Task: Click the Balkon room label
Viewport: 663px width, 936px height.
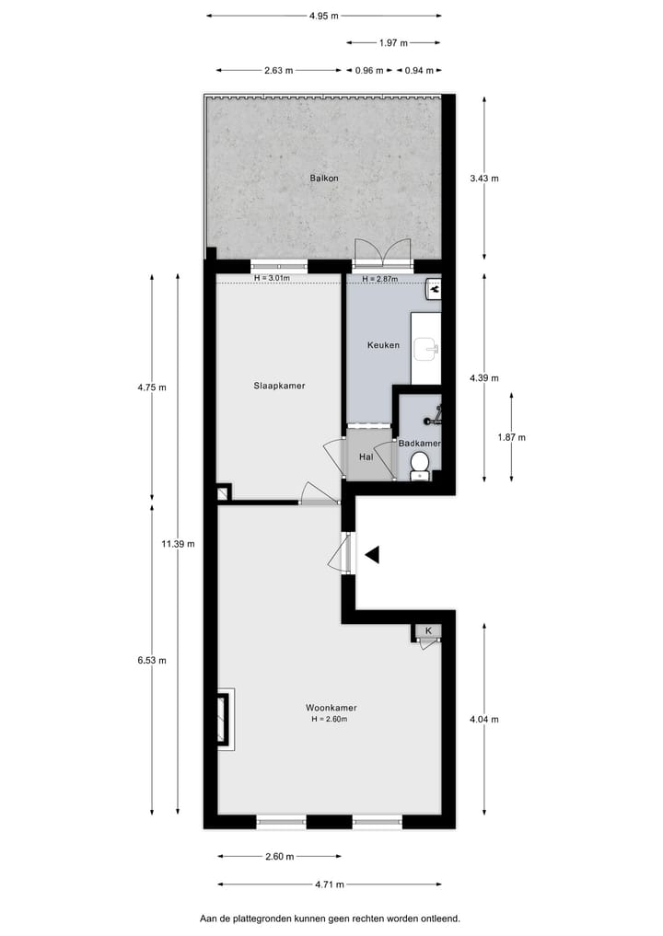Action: tap(324, 178)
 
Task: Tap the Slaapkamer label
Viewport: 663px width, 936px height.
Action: tap(279, 386)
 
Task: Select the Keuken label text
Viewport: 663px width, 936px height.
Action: tap(383, 345)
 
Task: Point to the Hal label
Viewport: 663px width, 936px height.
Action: tap(366, 456)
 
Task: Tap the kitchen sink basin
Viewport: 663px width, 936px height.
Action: tap(425, 349)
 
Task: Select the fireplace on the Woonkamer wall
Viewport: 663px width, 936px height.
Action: tap(225, 716)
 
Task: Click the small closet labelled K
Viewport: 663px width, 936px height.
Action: tap(427, 631)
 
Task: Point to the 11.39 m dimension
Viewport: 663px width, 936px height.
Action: tap(178, 544)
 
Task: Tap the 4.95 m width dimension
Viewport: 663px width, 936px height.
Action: tap(323, 15)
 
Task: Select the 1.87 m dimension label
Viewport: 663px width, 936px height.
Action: tap(511, 437)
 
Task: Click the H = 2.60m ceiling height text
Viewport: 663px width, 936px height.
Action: tap(331, 719)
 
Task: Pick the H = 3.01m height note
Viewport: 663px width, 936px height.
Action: tap(272, 279)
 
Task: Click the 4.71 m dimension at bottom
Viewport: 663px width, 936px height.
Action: tap(329, 884)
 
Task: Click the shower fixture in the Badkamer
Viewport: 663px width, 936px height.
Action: tap(434, 416)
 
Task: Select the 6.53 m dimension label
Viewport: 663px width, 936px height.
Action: tap(152, 660)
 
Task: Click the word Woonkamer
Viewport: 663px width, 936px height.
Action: tap(331, 708)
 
